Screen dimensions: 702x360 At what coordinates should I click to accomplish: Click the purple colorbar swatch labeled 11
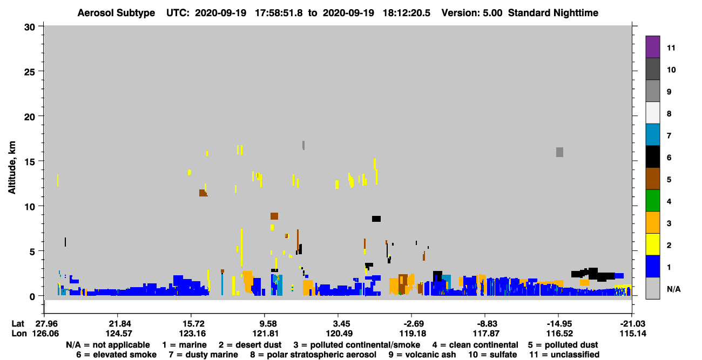pyautogui.click(x=652, y=47)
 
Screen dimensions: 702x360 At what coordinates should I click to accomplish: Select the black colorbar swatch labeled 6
pyautogui.click(x=652, y=157)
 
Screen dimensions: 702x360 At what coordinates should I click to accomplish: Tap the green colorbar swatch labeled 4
pyautogui.click(x=652, y=201)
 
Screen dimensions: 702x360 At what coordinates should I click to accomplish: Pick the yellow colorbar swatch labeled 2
pyautogui.click(x=652, y=244)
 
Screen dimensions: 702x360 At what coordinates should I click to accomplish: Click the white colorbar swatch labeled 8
pyautogui.click(x=652, y=113)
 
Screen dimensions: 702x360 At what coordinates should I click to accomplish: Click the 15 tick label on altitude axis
pyautogui.click(x=30, y=162)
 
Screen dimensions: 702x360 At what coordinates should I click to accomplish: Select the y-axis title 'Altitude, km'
pyautogui.click(x=11, y=168)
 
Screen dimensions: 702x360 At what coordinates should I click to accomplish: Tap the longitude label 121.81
pyautogui.click(x=266, y=334)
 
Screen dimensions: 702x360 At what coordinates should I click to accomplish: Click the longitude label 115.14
pyautogui.click(x=633, y=334)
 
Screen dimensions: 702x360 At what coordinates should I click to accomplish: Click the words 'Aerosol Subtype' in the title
pyautogui.click(x=116, y=13)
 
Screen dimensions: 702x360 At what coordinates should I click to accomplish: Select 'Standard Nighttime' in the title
pyautogui.click(x=553, y=13)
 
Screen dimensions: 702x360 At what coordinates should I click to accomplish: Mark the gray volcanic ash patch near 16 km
pyautogui.click(x=560, y=152)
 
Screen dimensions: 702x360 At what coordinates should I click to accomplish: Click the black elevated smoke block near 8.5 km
pyautogui.click(x=376, y=219)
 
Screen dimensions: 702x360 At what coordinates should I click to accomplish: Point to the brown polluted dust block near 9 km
pyautogui.click(x=274, y=216)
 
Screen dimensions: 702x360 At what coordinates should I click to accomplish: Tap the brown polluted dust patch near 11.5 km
pyautogui.click(x=202, y=193)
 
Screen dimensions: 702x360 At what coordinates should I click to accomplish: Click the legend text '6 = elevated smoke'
pyautogui.click(x=116, y=355)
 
